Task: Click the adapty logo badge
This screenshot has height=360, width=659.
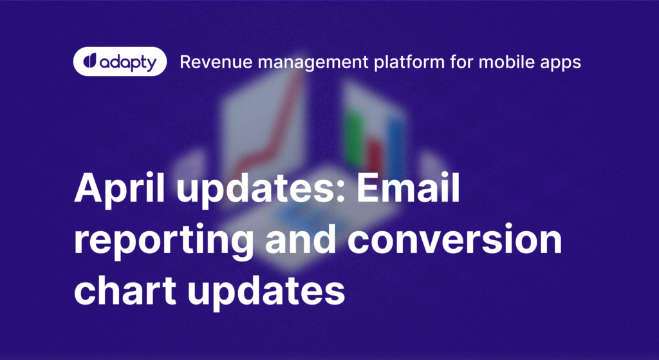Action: (x=120, y=61)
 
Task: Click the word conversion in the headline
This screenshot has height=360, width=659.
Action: (x=454, y=238)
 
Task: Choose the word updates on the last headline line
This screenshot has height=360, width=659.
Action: (x=266, y=292)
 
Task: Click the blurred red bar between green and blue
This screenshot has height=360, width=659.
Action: (x=374, y=156)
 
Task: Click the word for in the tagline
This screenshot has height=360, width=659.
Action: (x=461, y=62)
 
